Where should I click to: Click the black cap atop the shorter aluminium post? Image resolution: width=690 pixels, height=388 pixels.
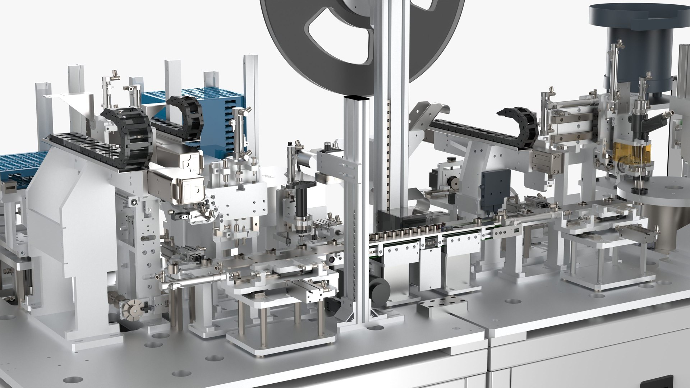coord(356,97)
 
